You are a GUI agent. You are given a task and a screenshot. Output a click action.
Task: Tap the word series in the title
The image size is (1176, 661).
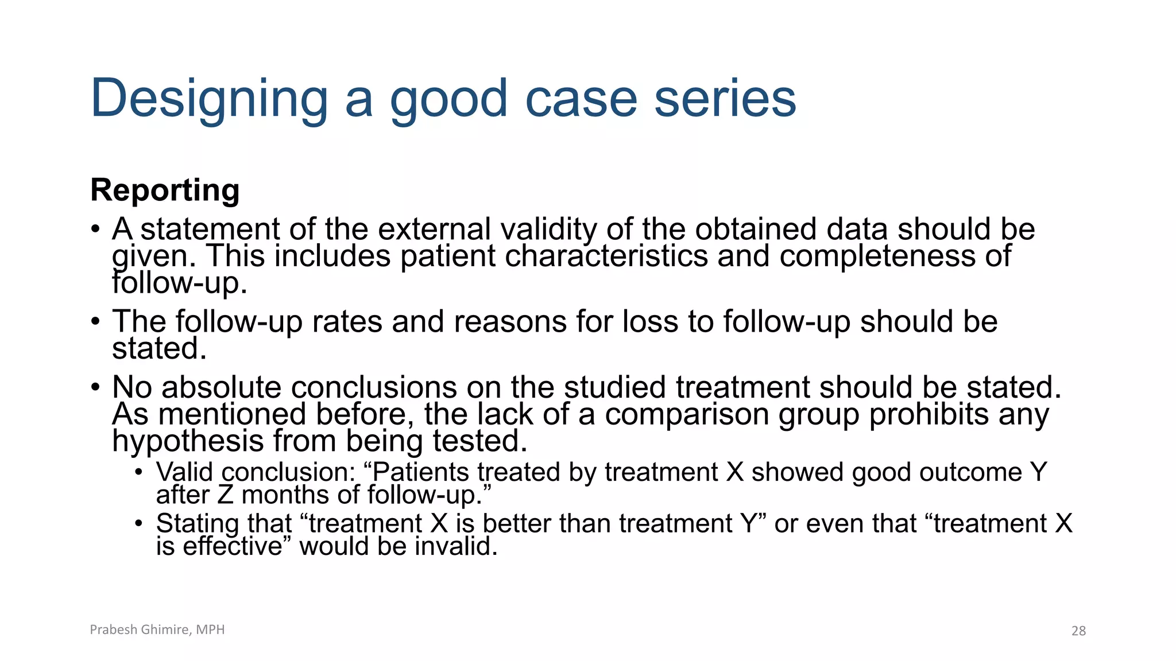point(725,99)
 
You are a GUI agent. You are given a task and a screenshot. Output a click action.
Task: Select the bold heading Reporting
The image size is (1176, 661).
point(165,190)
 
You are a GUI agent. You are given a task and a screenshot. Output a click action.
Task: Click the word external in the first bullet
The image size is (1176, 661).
point(434,229)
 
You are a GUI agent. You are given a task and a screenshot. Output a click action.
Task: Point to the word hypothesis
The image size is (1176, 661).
point(188,442)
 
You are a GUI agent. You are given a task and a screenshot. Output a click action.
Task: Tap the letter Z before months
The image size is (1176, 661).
point(226,495)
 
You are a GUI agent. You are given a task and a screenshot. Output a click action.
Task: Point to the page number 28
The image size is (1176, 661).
point(1078,631)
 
